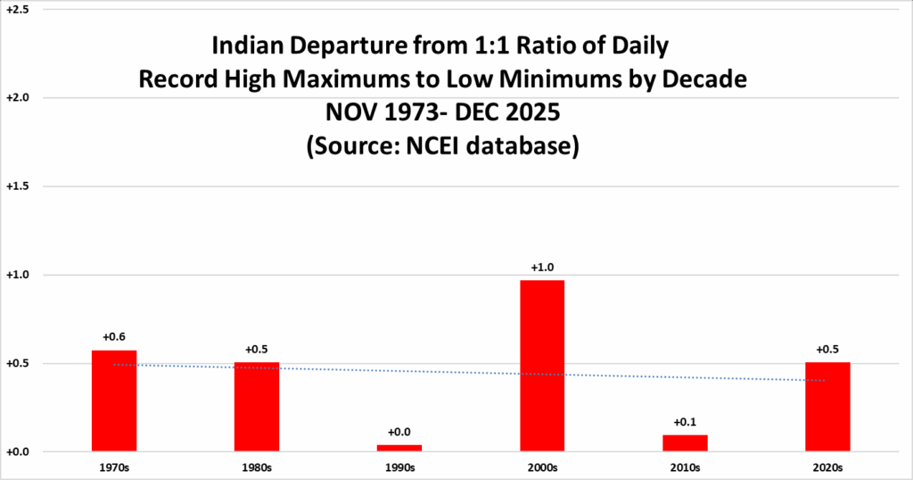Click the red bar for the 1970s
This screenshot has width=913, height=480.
coord(114,401)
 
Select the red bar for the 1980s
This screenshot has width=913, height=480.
coord(257,407)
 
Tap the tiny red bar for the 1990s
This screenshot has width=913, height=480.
coord(399,448)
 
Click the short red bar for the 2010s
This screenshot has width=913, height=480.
coord(685,443)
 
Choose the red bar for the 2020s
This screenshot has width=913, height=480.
coord(827,407)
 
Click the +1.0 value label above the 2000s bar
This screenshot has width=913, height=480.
coord(542,268)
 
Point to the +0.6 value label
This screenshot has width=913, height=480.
coord(114,337)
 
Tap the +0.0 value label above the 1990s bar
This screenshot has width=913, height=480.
coord(399,433)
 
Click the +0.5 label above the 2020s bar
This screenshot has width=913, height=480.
coord(827,350)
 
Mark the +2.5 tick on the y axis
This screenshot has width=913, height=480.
coord(18,9)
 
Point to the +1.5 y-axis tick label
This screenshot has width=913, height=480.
coord(18,186)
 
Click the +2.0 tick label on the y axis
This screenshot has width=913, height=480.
coord(18,97)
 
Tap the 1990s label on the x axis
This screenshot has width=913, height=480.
coord(399,467)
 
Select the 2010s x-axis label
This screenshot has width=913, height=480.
coord(685,467)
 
